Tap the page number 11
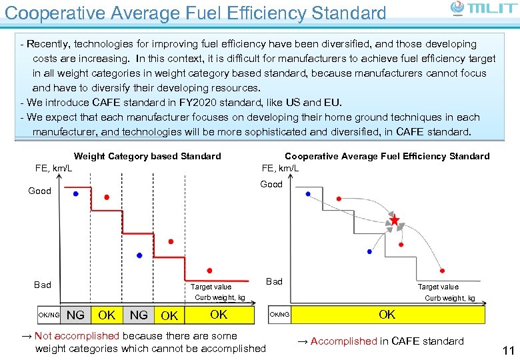coord(508,351)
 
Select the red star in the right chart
coord(395,219)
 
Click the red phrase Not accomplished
coord(77,336)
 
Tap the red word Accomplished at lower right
coord(344,341)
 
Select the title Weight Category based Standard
coord(147,156)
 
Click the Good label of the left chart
coord(39,191)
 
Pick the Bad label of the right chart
coord(274,281)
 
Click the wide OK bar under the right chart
coord(387,314)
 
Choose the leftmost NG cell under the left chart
coord(76,315)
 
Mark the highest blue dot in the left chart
coord(75,193)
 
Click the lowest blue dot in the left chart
coord(139,255)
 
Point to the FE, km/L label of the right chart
coord(280,168)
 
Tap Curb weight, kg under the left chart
coord(219,298)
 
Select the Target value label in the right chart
coord(438,287)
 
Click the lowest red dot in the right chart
coord(443,271)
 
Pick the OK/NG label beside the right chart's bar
coord(279,315)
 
